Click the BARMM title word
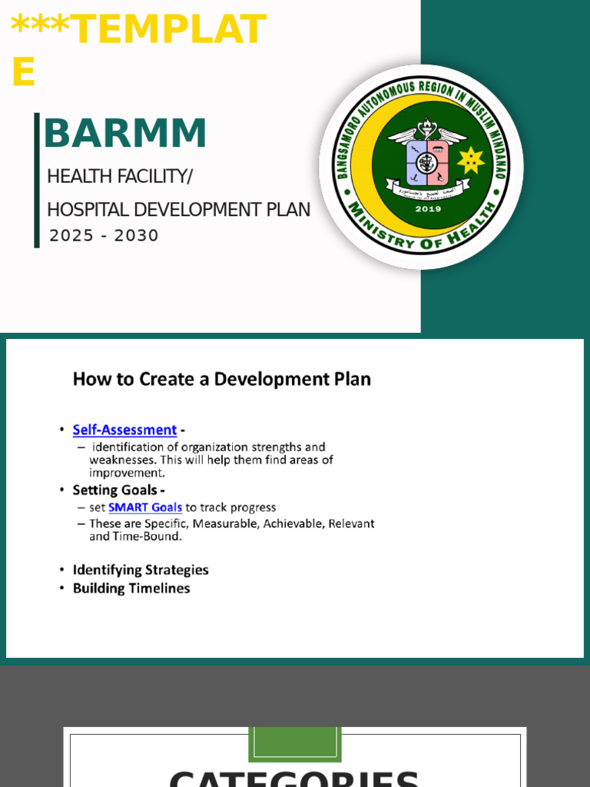coord(125,134)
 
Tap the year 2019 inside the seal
coord(428,208)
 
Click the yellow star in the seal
coord(470,161)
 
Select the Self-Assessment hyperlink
coord(124,430)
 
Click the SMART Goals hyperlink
coord(145,508)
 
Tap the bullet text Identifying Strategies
coord(141,570)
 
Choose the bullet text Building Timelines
coord(131,589)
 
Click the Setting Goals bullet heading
coord(115,490)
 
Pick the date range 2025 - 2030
coord(104,236)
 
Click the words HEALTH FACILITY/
coord(120,177)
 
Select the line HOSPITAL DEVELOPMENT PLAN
coord(178,210)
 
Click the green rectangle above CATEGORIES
coord(294,744)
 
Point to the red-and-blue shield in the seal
coord(427,163)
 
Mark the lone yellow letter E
coord(24,74)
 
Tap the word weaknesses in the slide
coord(121,460)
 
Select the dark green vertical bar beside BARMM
coord(37,180)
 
